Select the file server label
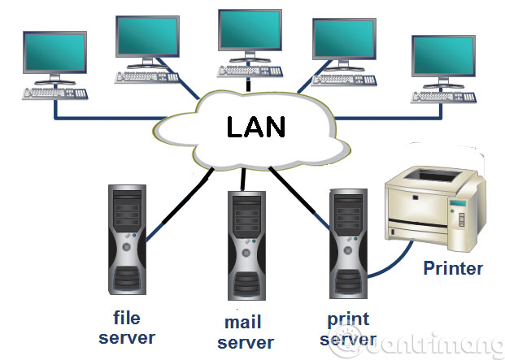126,327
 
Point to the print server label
349,328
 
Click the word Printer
452,268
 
